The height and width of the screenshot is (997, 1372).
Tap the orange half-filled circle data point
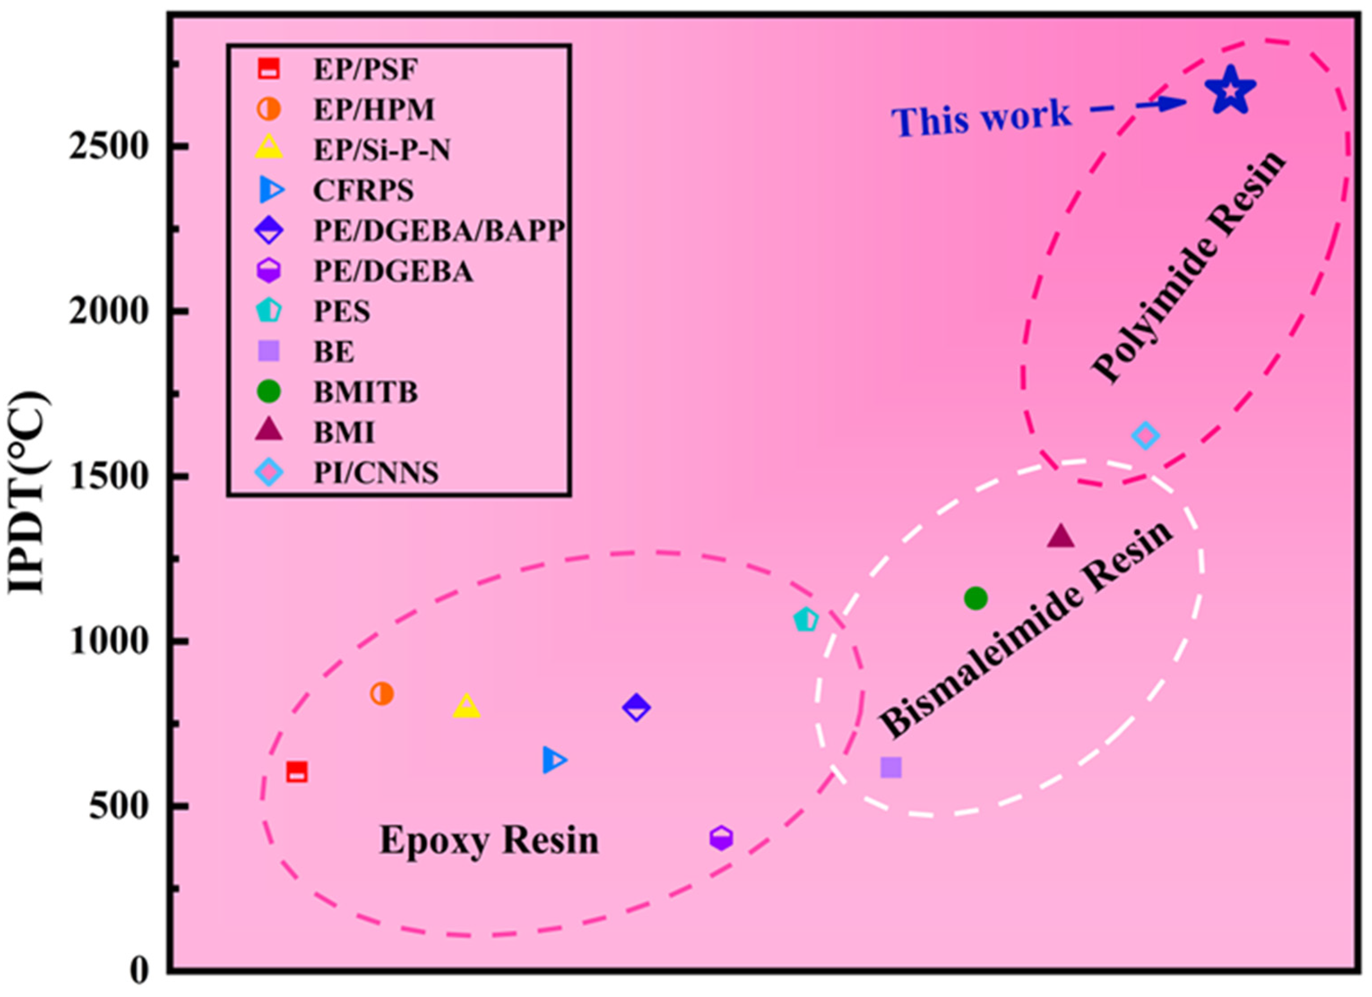pyautogui.click(x=382, y=693)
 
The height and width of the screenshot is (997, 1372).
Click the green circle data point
pyautogui.click(x=975, y=598)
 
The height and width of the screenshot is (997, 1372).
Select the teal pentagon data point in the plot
pyautogui.click(x=806, y=619)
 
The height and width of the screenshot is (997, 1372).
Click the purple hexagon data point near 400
pyautogui.click(x=720, y=838)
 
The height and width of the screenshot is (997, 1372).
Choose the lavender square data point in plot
pyautogui.click(x=890, y=767)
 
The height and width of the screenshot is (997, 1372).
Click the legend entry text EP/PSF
pyautogui.click(x=366, y=69)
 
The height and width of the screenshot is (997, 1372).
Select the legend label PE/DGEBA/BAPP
pyautogui.click(x=439, y=231)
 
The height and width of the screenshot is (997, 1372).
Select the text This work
pyautogui.click(x=981, y=118)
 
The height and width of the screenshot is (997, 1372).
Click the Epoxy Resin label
pyautogui.click(x=489, y=841)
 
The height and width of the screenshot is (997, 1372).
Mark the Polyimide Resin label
pyautogui.click(x=1189, y=266)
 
